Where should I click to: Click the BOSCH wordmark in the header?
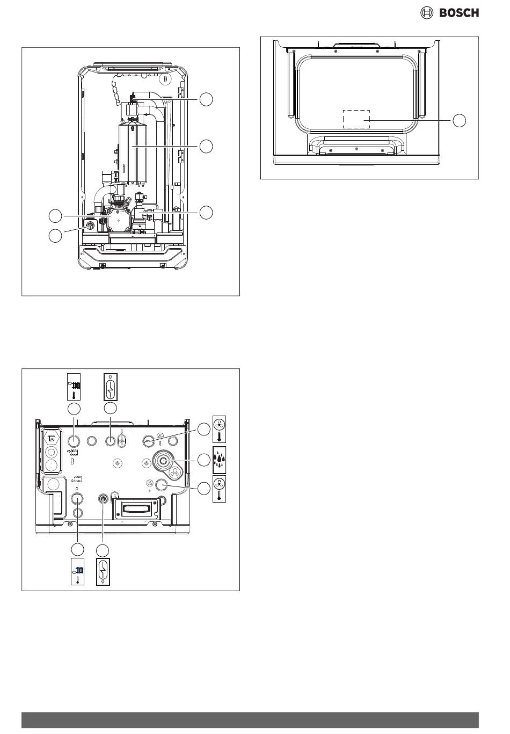459,13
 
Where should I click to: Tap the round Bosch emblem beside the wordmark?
426,13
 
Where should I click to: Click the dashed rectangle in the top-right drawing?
356,119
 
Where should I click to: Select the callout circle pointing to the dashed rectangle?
460,120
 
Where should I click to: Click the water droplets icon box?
219,460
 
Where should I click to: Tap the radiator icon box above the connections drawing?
74,387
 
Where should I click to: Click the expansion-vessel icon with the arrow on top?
111,387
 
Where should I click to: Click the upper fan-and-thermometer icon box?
219,429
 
